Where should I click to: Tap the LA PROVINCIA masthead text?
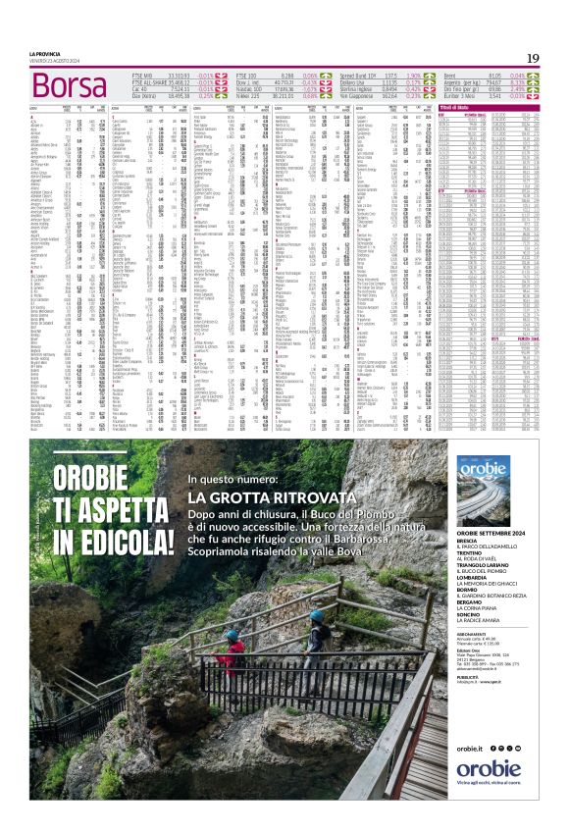coord(45,54)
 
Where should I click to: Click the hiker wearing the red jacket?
coord(234,651)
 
